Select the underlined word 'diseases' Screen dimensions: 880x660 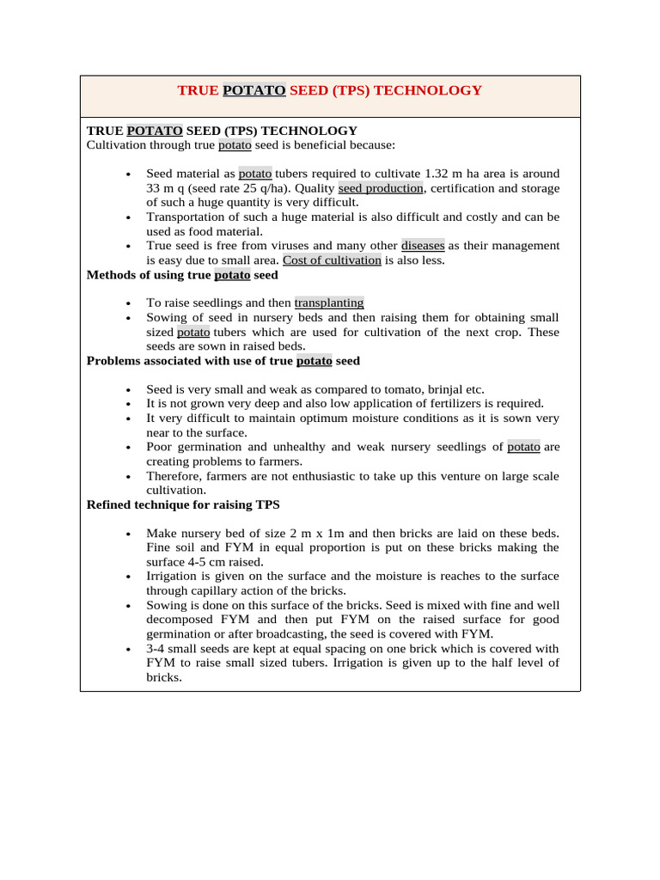425,246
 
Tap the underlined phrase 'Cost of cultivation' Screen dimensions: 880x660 332,260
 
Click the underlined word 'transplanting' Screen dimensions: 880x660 329,303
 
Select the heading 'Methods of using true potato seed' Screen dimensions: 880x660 182,275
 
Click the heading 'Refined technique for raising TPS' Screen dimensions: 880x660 183,504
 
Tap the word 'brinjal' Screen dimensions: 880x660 443,389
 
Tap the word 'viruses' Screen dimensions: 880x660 266,246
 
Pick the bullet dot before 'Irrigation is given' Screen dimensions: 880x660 127,577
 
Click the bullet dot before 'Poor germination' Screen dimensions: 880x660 127,447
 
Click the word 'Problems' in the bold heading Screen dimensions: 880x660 113,361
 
